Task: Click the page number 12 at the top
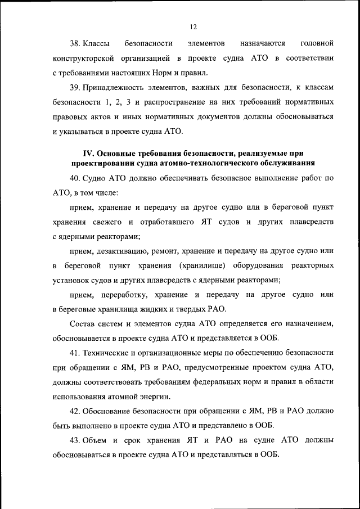click(193, 26)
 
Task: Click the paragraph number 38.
click(75, 43)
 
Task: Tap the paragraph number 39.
click(75, 88)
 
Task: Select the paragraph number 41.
click(75, 352)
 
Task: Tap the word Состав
click(83, 324)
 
